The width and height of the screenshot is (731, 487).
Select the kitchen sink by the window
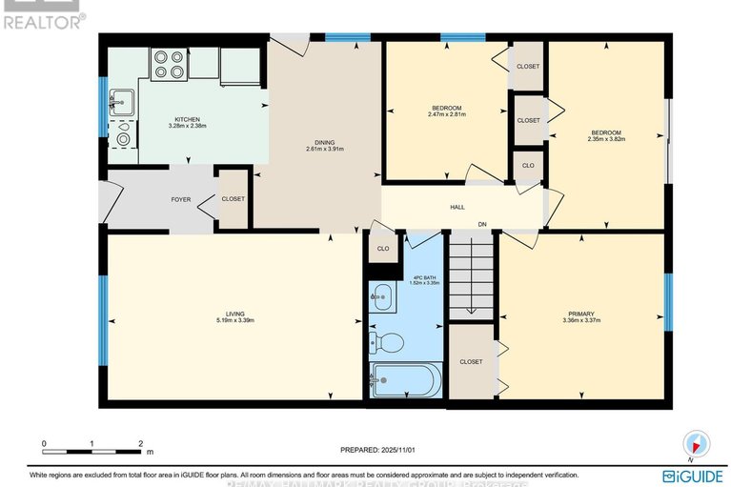[121, 99]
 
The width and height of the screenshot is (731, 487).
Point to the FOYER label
[180, 200]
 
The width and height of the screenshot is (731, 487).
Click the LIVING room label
[234, 314]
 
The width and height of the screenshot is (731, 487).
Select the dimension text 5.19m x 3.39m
[234, 321]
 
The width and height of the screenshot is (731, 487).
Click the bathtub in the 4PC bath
[404, 384]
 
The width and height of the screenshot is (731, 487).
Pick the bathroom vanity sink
[381, 296]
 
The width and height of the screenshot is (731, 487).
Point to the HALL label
[457, 207]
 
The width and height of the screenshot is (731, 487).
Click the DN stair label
[483, 225]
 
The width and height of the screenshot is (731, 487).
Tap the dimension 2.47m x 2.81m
[445, 116]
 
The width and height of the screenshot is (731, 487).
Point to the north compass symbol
[697, 444]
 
